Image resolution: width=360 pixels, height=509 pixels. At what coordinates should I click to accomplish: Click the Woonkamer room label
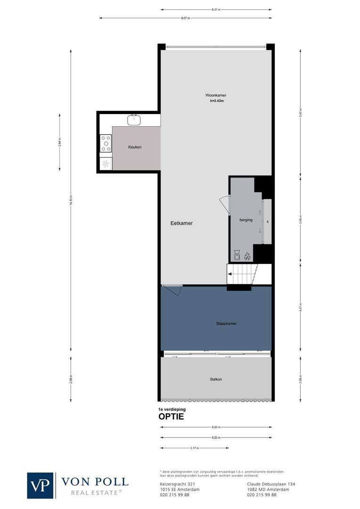tap(215, 95)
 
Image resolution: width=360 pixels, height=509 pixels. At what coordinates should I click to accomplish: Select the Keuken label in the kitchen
tap(135, 147)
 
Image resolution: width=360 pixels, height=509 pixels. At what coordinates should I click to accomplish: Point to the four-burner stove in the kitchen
tap(106, 143)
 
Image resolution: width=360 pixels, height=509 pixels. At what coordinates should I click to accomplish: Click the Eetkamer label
tap(181, 223)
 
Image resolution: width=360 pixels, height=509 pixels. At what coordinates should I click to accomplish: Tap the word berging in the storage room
tap(245, 220)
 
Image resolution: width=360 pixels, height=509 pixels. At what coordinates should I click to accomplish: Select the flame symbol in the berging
tap(247, 256)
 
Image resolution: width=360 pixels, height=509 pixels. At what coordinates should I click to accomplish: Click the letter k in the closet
tap(267, 221)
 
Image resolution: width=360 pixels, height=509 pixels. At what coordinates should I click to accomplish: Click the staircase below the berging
tap(242, 274)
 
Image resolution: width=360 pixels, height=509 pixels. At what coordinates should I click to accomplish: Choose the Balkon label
tap(216, 379)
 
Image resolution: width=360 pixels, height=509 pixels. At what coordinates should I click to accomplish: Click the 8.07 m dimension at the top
tap(186, 18)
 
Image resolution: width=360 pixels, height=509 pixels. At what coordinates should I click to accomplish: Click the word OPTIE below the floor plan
tap(171, 417)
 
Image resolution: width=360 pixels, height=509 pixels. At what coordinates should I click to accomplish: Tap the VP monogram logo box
tap(41, 485)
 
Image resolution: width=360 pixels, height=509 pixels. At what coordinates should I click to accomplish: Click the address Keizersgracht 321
tap(175, 484)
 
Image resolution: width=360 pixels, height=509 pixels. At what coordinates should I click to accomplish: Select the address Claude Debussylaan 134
tap(271, 484)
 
